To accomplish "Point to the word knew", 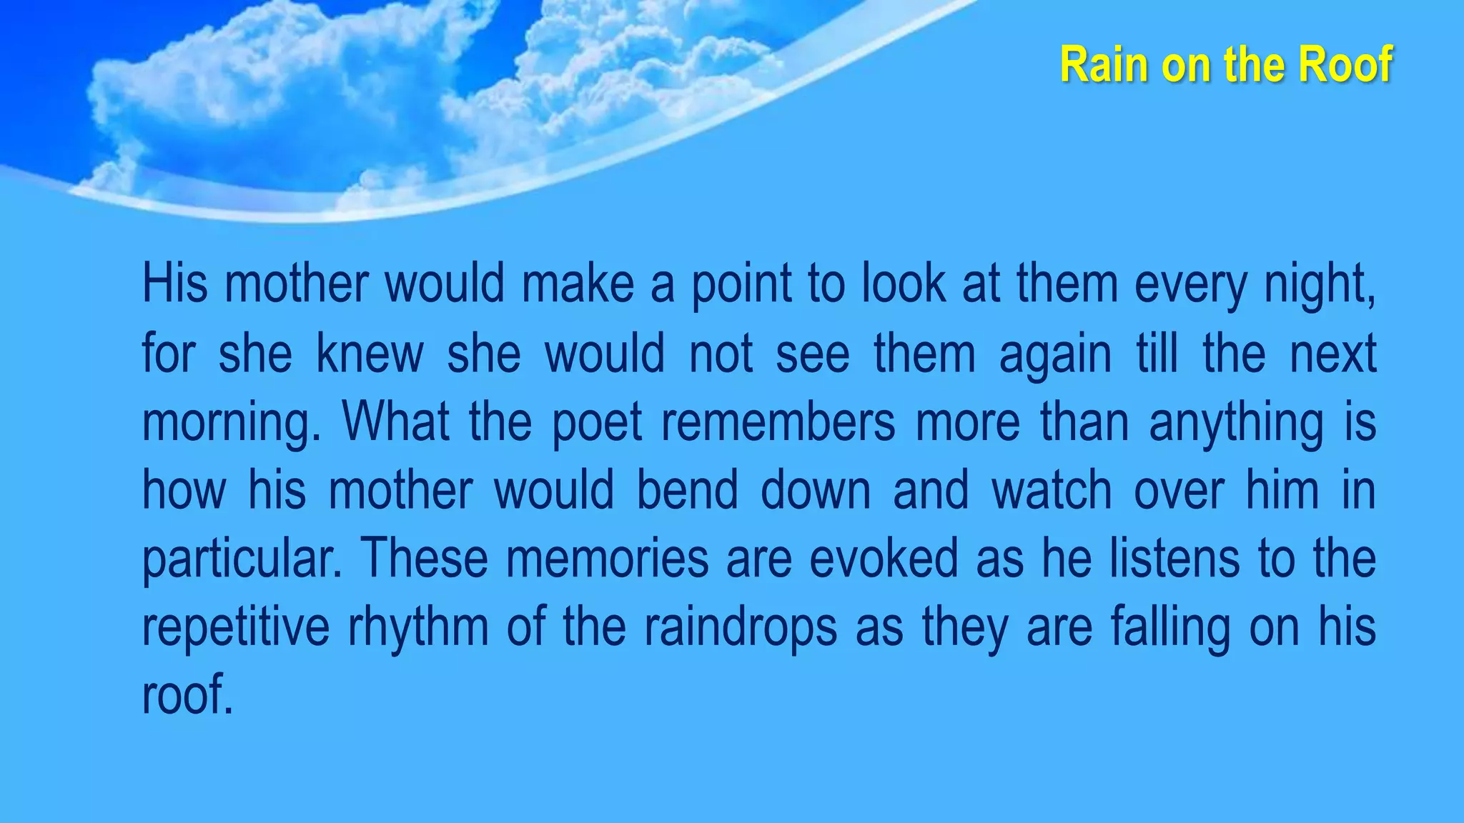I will pyautogui.click(x=370, y=353).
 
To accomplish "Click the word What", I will pyautogui.click(x=396, y=422).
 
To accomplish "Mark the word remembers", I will pyautogui.click(x=778, y=422).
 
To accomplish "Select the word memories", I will pyautogui.click(x=608, y=558).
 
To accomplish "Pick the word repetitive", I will pyautogui.click(x=236, y=628).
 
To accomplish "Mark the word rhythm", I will pyautogui.click(x=418, y=628).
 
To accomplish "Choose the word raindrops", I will pyautogui.click(x=740, y=628).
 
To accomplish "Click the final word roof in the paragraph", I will pyautogui.click(x=187, y=695).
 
